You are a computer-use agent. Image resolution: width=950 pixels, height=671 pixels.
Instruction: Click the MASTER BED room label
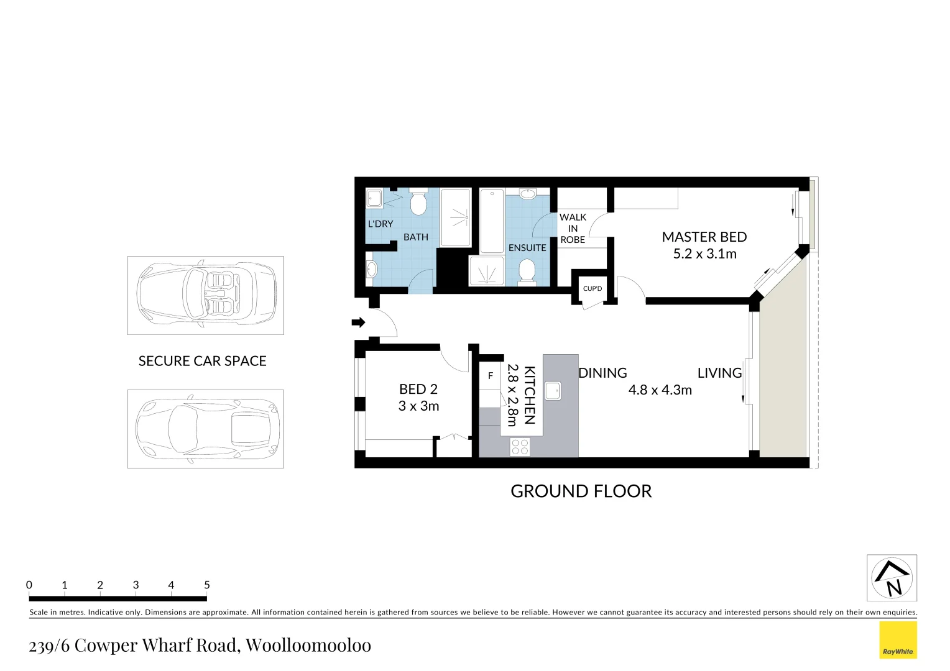coord(704,237)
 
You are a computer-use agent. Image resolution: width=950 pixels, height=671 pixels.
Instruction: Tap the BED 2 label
coord(418,390)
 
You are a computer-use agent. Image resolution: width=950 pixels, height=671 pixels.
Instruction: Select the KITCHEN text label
coord(529,395)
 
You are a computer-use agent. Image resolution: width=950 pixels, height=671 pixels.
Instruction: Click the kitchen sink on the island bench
coord(552,391)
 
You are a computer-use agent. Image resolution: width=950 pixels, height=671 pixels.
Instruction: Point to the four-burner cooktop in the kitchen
coord(520,447)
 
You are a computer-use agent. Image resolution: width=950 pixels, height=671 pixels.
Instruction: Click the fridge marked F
coord(490,376)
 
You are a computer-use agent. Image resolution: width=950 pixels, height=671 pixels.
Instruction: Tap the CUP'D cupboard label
coord(593,288)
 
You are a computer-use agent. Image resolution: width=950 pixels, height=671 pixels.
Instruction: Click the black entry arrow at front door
coord(358,322)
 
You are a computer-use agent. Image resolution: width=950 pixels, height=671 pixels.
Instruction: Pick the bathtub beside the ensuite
coord(491,221)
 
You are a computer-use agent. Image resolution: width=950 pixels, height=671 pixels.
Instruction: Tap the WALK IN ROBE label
coord(573,228)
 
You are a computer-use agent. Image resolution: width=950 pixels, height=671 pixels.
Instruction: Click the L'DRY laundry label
coord(380,224)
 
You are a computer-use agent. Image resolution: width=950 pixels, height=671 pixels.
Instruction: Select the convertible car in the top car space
coord(206,294)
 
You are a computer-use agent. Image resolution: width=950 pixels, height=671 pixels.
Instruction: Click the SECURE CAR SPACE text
coord(202,361)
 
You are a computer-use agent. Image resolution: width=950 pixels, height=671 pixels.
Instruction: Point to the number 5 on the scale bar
coord(207,585)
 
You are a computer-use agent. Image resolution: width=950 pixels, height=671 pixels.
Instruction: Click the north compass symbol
coord(892,578)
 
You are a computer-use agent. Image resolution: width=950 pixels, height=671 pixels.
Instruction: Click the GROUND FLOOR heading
coord(581,491)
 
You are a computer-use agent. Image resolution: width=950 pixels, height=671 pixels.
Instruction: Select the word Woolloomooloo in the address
coord(308,646)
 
